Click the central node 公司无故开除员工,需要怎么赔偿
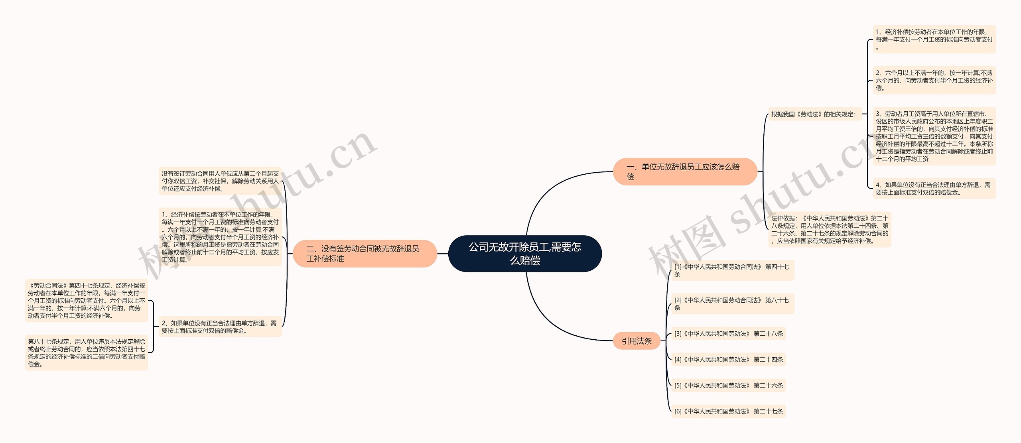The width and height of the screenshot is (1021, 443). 525,254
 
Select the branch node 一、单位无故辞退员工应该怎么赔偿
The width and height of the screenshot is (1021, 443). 685,171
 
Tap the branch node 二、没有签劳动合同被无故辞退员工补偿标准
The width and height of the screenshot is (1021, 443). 365,254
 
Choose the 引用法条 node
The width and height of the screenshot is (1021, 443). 637,341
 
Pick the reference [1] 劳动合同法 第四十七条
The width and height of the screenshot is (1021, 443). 732,270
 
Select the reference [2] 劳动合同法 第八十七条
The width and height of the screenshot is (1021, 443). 732,304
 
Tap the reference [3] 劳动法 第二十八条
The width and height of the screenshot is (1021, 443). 728,334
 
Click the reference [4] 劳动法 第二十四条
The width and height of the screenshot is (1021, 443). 728,360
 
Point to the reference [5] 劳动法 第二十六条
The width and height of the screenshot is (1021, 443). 728,386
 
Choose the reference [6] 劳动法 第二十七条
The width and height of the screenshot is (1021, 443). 728,411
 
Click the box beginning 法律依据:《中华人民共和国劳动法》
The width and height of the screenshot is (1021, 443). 830,229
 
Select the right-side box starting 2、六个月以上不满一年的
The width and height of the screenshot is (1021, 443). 934,80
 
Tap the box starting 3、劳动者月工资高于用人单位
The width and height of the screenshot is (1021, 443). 934,136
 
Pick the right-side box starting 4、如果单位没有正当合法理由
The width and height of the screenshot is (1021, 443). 934,189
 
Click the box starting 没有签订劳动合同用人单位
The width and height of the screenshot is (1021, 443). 220,181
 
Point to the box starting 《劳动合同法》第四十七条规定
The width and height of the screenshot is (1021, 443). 87,301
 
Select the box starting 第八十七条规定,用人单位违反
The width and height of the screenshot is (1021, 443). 87,352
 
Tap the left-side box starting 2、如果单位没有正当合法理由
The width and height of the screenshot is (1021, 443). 220,327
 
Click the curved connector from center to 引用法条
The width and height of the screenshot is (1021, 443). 550,319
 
